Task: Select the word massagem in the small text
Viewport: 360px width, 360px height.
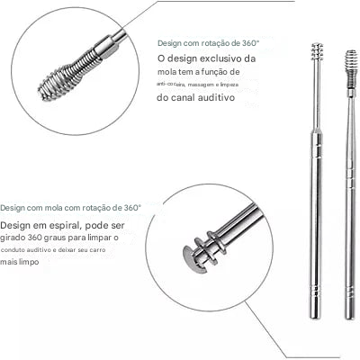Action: pyautogui.click(x=211, y=84)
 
